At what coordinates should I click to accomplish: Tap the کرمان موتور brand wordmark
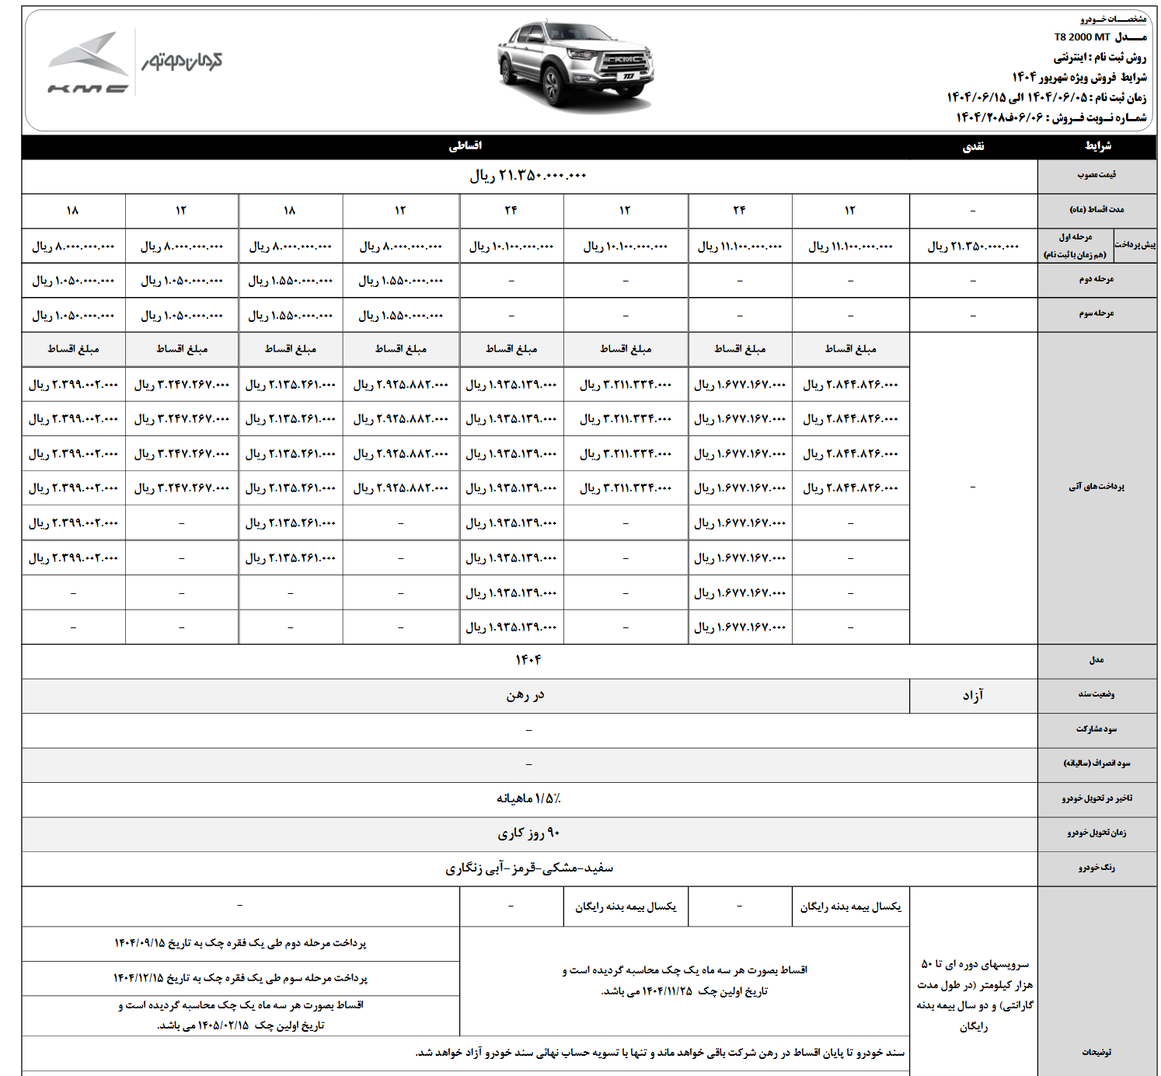tap(182, 61)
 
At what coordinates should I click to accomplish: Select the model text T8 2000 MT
tap(1082, 37)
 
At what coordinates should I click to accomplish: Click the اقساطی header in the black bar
tap(465, 146)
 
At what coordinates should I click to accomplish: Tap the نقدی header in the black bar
tap(973, 146)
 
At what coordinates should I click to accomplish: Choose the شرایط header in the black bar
tap(1097, 146)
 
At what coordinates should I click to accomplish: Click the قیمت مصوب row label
tap(1096, 175)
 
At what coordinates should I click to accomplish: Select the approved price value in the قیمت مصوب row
tap(528, 176)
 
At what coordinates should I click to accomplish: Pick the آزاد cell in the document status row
tap(973, 695)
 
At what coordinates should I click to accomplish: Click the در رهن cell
tap(525, 695)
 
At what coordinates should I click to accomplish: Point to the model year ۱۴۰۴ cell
tap(528, 660)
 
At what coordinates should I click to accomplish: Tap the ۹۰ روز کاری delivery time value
tap(528, 833)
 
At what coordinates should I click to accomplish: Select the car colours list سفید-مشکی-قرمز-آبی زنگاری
tap(528, 868)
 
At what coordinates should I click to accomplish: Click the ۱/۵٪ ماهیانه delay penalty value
tap(528, 798)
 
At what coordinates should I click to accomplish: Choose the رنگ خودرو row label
tap(1096, 868)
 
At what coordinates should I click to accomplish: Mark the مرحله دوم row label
tap(1096, 279)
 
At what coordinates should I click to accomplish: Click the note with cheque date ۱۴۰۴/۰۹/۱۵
tap(240, 943)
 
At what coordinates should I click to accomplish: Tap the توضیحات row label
tap(1096, 1052)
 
